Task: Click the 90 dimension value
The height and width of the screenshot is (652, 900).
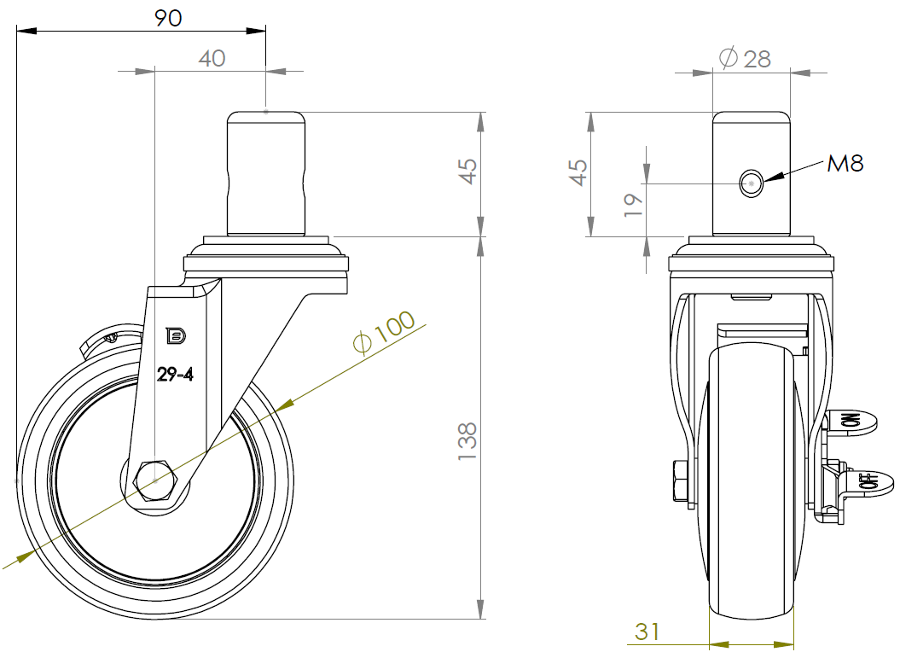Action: tap(168, 19)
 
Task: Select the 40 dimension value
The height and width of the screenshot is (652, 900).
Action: tap(212, 59)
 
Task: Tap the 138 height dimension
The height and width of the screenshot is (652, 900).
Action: tap(467, 440)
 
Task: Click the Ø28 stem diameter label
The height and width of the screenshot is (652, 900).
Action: tap(745, 59)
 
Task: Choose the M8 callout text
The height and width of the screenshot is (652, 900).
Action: tap(845, 164)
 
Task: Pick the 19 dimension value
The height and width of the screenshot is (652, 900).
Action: tap(633, 205)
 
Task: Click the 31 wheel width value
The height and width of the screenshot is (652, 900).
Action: tap(647, 632)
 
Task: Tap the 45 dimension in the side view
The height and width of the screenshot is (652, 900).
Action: tap(468, 172)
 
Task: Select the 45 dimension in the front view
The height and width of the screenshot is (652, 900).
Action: tap(578, 173)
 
